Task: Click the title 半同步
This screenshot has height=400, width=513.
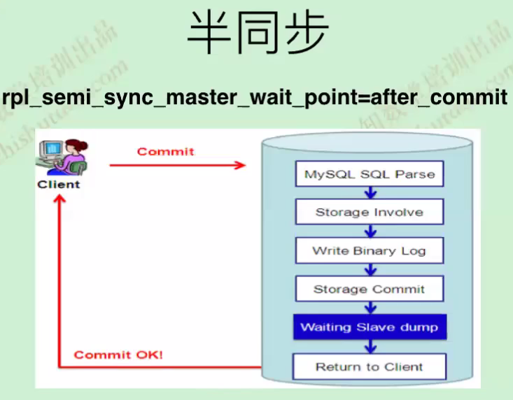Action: [x=256, y=34]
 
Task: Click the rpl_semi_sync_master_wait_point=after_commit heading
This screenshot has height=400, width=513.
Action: [x=255, y=97]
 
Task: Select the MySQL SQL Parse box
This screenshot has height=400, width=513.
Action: [x=370, y=174]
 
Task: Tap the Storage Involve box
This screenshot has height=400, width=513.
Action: [x=370, y=212]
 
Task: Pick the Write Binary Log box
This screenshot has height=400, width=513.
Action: [x=369, y=250]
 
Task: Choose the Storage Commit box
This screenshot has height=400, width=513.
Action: [x=369, y=289]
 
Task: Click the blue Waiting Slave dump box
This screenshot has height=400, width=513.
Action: [x=369, y=327]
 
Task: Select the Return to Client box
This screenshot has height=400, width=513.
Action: [x=369, y=366]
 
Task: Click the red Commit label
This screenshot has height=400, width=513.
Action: [x=166, y=151]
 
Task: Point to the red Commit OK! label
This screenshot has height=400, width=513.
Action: [x=118, y=355]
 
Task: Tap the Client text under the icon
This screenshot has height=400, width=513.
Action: [x=59, y=185]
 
